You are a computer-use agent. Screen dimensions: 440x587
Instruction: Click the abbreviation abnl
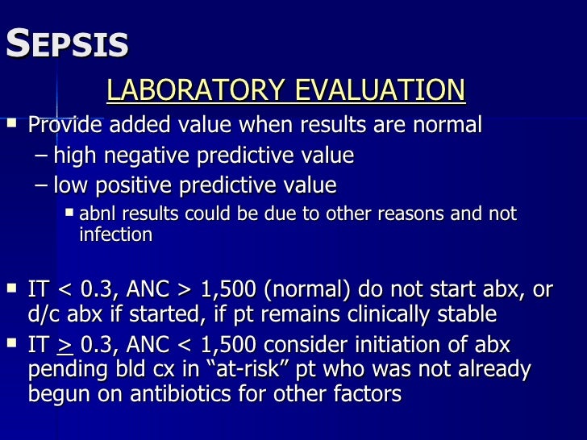pos(97,215)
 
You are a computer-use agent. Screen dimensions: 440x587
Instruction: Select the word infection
pos(115,235)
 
